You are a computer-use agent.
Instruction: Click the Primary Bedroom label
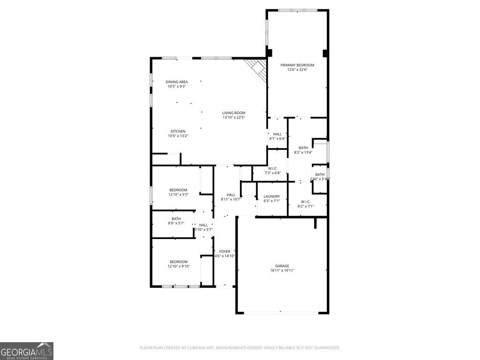click(297, 65)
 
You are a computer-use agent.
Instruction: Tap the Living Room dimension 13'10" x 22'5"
click(233, 117)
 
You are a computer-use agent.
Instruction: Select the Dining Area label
click(177, 82)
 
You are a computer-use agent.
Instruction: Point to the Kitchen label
click(178, 131)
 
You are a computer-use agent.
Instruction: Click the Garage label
click(282, 266)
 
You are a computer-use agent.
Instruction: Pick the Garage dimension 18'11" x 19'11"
click(282, 270)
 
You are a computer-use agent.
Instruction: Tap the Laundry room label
click(272, 196)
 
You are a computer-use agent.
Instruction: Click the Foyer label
click(225, 251)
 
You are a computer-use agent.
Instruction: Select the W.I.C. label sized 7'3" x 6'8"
click(273, 168)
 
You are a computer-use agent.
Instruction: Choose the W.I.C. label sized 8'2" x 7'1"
click(306, 202)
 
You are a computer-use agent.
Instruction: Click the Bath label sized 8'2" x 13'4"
click(303, 148)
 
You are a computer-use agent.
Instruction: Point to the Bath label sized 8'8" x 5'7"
click(176, 218)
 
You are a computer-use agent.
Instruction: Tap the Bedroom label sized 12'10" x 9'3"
click(178, 190)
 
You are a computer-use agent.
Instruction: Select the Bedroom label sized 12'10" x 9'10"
click(179, 262)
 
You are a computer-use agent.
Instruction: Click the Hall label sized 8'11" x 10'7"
click(231, 195)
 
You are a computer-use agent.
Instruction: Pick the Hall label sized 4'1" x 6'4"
click(277, 134)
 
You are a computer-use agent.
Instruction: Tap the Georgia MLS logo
click(27, 351)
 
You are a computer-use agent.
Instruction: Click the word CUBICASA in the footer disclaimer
click(188, 348)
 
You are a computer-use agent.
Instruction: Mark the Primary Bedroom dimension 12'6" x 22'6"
click(297, 70)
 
